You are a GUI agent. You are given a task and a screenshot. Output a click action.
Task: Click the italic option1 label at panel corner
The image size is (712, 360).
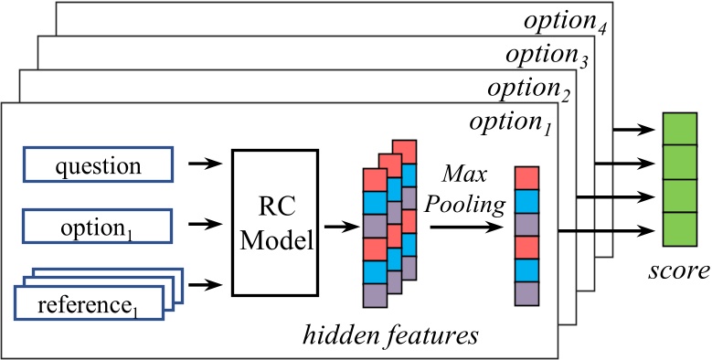click(x=508, y=122)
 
